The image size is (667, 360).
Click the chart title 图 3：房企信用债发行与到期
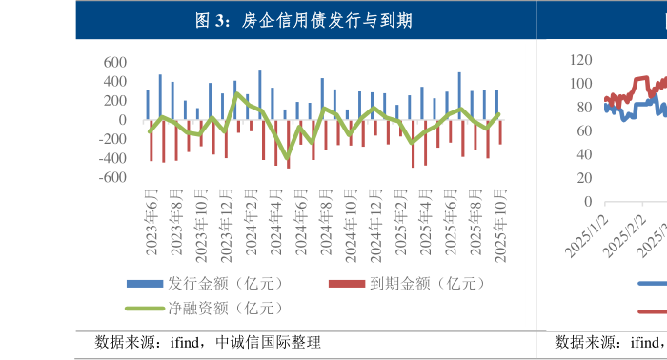pyautogui.click(x=303, y=20)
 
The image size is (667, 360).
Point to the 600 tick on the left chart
pyautogui.click(x=114, y=63)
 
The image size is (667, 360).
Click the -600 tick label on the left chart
pyautogui.click(x=111, y=177)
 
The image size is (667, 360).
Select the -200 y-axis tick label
pyautogui.click(x=111, y=139)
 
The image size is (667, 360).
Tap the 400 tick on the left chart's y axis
pyautogui.click(x=114, y=82)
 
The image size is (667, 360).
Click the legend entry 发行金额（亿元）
pyautogui.click(x=222, y=283)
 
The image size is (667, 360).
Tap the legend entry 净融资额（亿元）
pyautogui.click(x=222, y=307)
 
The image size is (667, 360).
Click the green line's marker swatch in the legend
pyautogui.click(x=145, y=308)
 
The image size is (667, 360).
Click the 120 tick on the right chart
pyautogui.click(x=581, y=59)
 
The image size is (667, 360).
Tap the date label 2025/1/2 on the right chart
pyautogui.click(x=586, y=234)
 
